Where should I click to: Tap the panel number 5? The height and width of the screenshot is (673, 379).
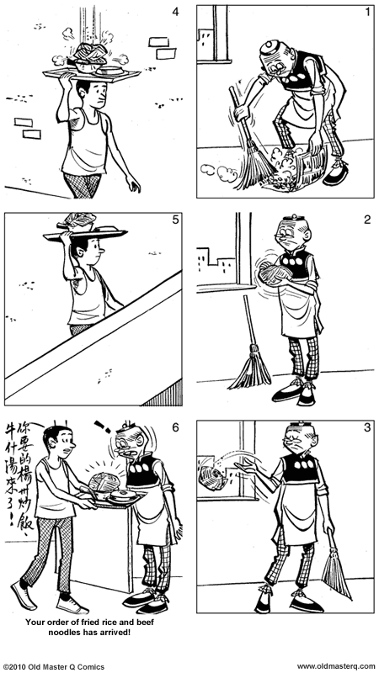(x=175, y=220)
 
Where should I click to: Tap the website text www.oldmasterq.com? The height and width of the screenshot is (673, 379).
(x=334, y=666)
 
